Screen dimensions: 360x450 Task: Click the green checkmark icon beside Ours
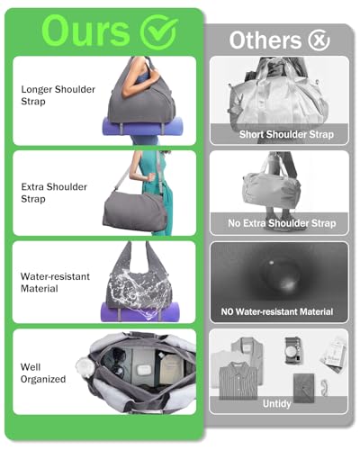158,32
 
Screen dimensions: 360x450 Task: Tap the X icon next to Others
319,40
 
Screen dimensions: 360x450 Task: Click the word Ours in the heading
85,31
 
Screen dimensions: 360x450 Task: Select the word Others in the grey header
265,40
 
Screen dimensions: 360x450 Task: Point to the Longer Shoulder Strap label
58,95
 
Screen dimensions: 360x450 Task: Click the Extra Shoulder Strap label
54,193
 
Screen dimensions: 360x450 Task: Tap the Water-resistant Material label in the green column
55,283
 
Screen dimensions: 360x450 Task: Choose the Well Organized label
43,373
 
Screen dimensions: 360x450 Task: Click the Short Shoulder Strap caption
286,134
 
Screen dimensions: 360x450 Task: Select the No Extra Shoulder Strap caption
282,223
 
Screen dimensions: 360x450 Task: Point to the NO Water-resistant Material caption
277,311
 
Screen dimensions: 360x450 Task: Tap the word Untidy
276,403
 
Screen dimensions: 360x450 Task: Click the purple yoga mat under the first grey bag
142,126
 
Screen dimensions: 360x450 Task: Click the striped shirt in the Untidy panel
238,381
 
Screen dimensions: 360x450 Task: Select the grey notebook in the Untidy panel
304,388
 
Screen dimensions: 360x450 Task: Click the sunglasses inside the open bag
116,364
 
